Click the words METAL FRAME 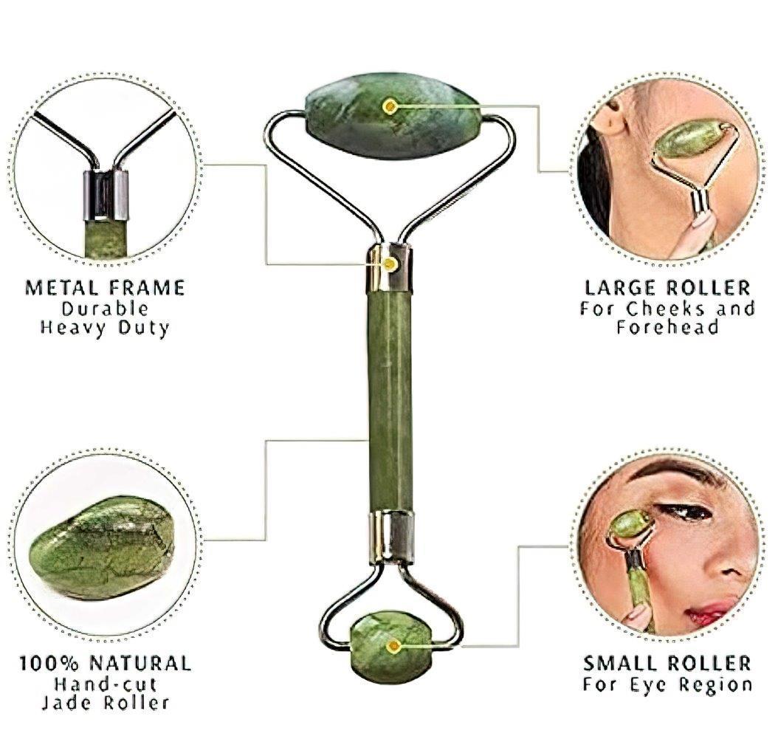[x=105, y=287]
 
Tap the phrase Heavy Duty [x=105, y=327]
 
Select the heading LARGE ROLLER [x=667, y=288]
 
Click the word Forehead [x=667, y=328]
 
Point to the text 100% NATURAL [x=105, y=663]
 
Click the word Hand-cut [x=105, y=683]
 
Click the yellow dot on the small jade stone [x=393, y=645]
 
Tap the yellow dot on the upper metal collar [x=390, y=263]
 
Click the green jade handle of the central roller [x=390, y=399]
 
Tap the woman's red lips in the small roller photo [x=709, y=612]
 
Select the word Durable [x=105, y=308]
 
